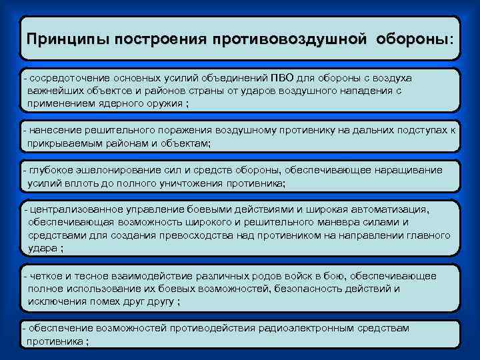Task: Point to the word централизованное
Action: [69, 209]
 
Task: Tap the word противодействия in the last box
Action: [208, 328]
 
